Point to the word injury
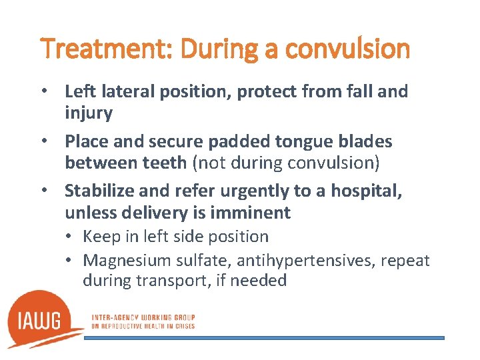click(x=89, y=113)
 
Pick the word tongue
click(x=297, y=141)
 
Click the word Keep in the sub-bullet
click(x=100, y=237)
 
